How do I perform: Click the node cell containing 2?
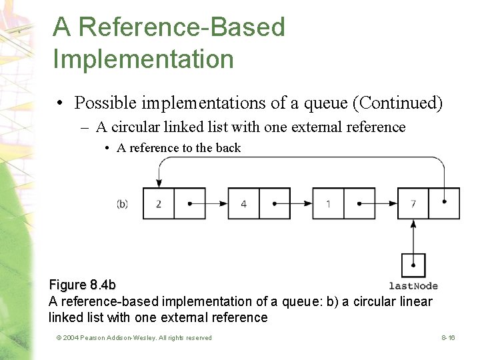[159, 203]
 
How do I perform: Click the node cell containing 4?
[243, 203]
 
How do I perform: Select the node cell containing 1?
[328, 203]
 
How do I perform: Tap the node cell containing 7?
[413, 203]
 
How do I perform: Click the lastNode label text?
[413, 286]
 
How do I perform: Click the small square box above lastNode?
[413, 265]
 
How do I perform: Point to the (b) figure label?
[123, 203]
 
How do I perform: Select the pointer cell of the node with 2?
[190, 203]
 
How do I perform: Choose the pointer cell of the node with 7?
[444, 203]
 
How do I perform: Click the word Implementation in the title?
[143, 59]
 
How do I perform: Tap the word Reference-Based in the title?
[169, 27]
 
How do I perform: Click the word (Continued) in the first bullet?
[397, 103]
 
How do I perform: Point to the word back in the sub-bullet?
[228, 148]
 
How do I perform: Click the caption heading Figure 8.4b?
[83, 285]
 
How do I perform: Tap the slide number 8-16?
[448, 338]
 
